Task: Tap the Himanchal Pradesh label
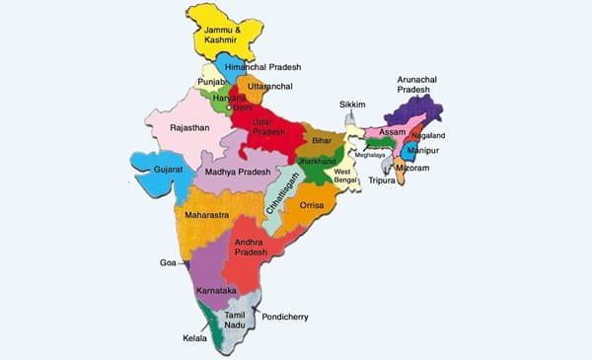262,67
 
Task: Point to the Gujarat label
169,170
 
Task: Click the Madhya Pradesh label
238,170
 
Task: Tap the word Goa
168,263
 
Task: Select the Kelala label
195,338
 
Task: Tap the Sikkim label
352,104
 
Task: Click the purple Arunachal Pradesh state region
419,116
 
